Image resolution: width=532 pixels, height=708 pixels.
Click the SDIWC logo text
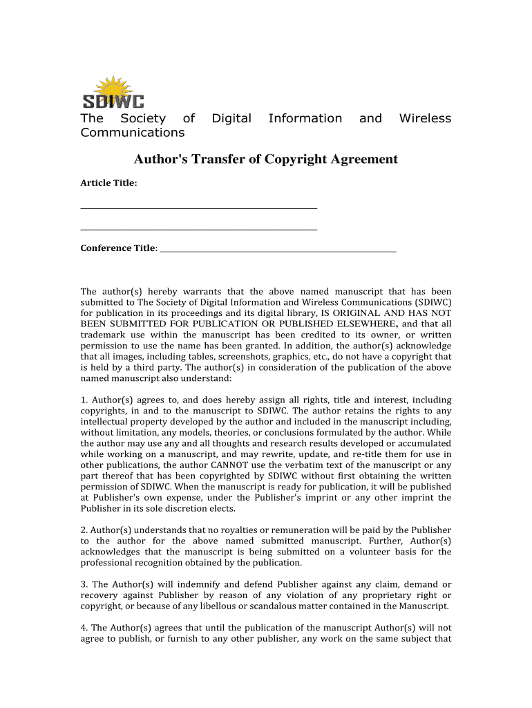pyautogui.click(x=113, y=101)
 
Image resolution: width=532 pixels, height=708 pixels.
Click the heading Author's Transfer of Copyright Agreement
pyautogui.click(x=266, y=160)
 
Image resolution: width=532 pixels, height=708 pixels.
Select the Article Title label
pyautogui.click(x=108, y=183)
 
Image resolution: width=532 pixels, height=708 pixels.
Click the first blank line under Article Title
pyautogui.click(x=199, y=207)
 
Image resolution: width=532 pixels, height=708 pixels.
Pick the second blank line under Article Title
pyautogui.click(x=199, y=230)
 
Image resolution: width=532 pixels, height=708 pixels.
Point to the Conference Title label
pyautogui.click(x=118, y=248)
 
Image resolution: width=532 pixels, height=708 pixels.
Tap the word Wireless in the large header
pyautogui.click(x=425, y=118)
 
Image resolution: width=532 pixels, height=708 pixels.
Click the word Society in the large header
pyautogui.click(x=143, y=118)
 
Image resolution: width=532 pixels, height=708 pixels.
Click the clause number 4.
pyautogui.click(x=84, y=628)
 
